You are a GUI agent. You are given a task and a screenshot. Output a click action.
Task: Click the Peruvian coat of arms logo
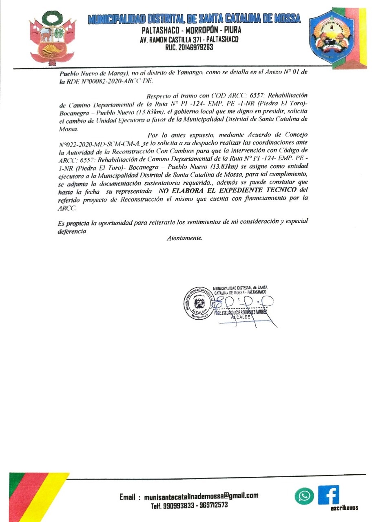[51, 38]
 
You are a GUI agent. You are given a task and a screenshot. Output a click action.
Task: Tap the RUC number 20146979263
[189, 48]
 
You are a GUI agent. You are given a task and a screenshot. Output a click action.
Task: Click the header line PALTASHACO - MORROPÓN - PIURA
[191, 31]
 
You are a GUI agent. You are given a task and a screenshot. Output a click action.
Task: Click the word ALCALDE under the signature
[240, 317]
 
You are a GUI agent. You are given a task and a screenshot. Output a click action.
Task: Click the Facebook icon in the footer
[329, 494]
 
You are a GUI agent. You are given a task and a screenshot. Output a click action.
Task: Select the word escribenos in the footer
[344, 508]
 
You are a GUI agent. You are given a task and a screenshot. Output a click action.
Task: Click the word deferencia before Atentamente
[72, 231]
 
